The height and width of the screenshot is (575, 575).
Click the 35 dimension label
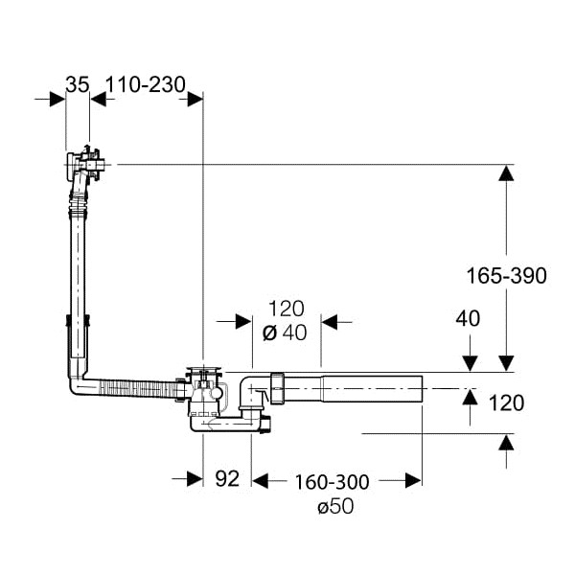pos(78,84)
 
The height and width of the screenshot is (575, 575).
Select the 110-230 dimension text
pos(145,84)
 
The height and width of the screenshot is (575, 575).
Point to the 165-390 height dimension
pos(506,275)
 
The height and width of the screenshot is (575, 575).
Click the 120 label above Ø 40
pos(286,309)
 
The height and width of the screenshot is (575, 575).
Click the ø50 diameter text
pos(334,506)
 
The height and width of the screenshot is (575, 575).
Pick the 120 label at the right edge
pos(506,402)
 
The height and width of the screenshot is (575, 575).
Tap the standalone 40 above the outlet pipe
pos(468,318)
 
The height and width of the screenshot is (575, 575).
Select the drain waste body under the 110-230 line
pos(205,393)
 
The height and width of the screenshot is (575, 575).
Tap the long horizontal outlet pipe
pos(364,388)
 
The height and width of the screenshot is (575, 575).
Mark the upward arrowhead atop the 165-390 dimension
pos(505,172)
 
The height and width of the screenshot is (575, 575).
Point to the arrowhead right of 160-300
pos(413,479)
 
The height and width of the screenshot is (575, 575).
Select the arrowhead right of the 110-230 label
pos(195,98)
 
